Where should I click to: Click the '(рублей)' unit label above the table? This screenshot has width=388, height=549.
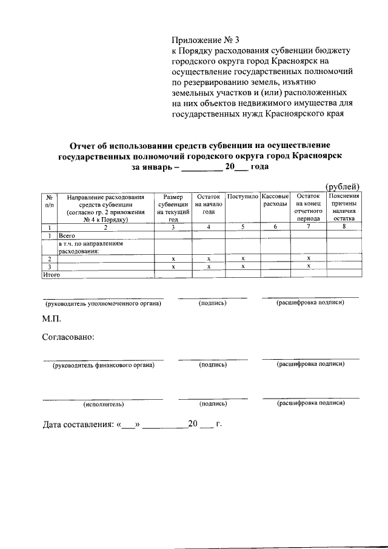[343, 186]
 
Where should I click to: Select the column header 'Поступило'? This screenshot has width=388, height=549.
[243, 197]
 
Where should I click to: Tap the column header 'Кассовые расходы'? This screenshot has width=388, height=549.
[276, 201]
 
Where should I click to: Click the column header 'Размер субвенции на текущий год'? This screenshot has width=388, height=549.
[173, 208]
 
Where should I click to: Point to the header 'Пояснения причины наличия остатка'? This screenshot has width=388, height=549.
[344, 208]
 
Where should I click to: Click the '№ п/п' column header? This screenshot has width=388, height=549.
[48, 201]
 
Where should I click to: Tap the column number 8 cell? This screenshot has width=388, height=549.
[344, 227]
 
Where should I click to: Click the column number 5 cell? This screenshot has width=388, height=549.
[243, 227]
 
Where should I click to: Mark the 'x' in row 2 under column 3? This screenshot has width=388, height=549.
[173, 258]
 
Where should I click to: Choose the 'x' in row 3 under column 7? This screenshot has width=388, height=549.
[309, 266]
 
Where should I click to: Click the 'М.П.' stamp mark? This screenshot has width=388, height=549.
[52, 318]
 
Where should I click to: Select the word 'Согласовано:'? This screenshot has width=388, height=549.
[69, 337]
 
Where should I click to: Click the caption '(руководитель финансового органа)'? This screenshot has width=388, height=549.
[103, 365]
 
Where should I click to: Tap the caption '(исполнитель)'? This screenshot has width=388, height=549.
[103, 403]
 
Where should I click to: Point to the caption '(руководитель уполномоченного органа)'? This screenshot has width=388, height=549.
[103, 303]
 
